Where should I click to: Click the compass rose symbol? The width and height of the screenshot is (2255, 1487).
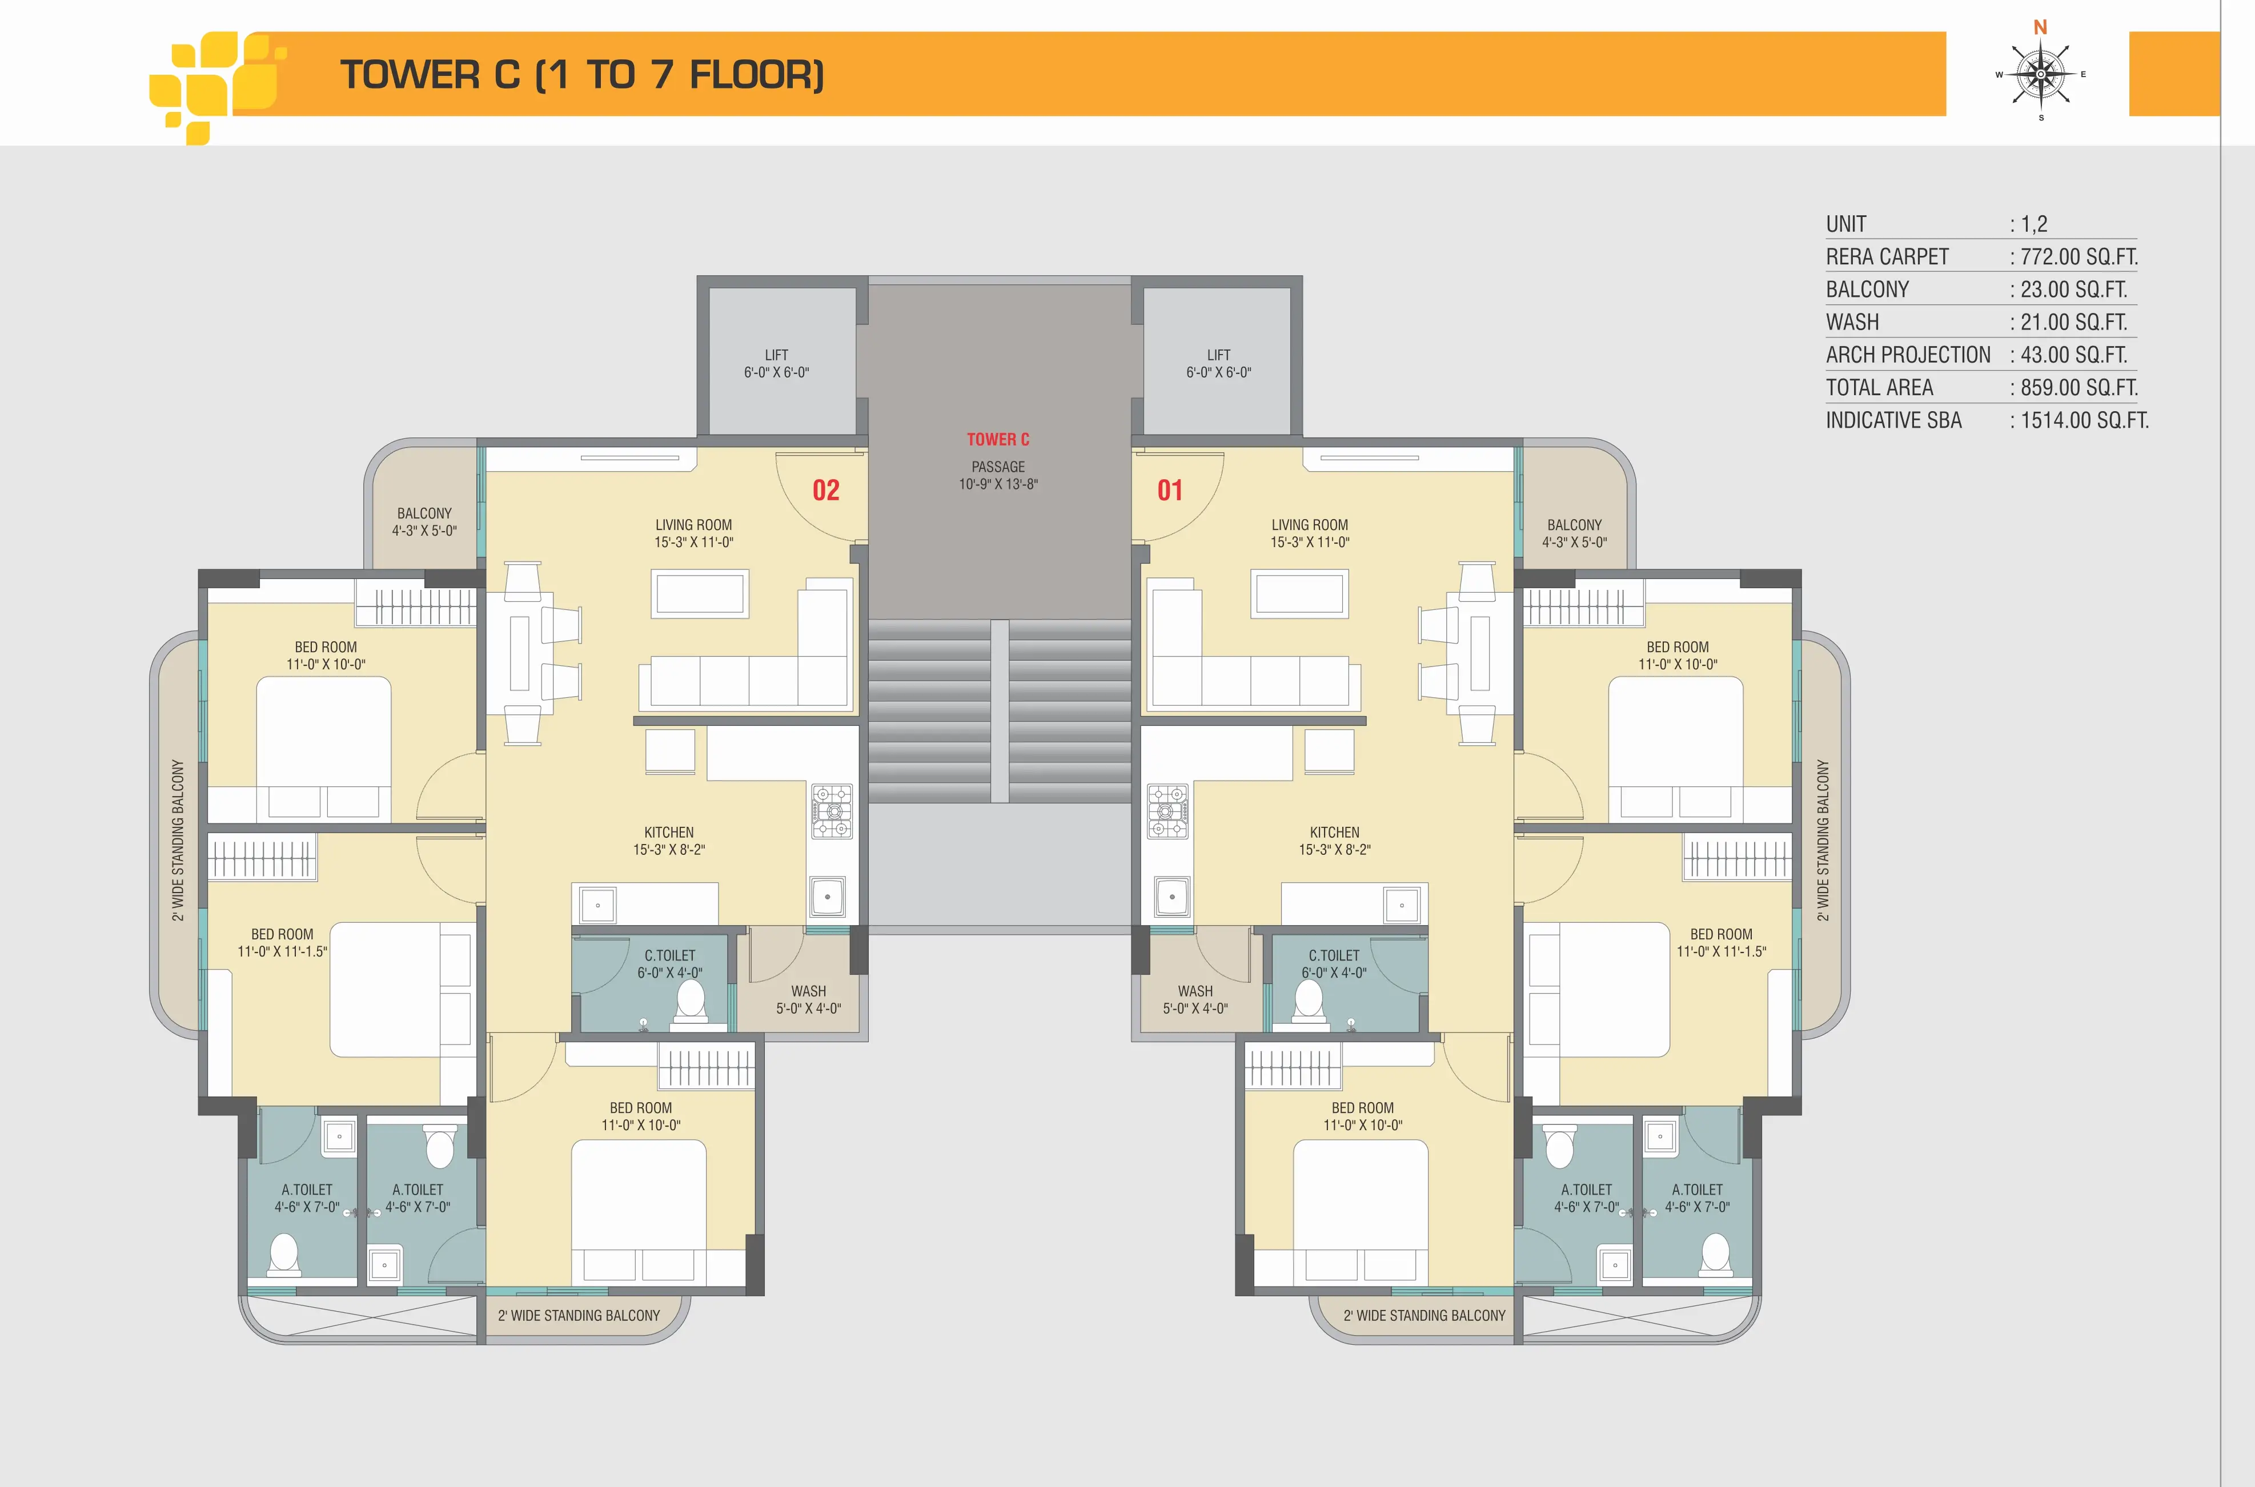2041,74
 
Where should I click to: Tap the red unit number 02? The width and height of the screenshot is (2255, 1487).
826,491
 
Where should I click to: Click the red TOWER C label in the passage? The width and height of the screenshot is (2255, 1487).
998,439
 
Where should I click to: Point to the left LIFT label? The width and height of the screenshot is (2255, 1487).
777,355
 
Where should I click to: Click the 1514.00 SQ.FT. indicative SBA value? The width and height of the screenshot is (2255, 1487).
2084,420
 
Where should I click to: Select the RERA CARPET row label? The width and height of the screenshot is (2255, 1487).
1887,257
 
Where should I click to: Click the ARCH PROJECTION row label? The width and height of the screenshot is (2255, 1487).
1908,355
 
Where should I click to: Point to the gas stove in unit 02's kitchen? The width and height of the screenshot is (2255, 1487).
832,811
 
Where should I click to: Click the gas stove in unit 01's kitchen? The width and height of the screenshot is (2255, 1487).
1167,811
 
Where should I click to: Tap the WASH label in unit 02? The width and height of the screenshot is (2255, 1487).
809,991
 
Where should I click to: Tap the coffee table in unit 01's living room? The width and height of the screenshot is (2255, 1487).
1299,594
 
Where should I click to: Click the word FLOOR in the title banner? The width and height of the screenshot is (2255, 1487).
757,75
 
